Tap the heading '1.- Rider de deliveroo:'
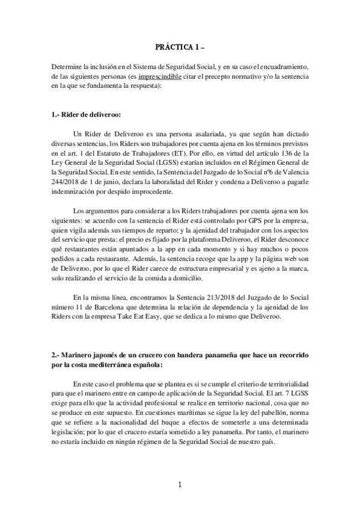[86, 114]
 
